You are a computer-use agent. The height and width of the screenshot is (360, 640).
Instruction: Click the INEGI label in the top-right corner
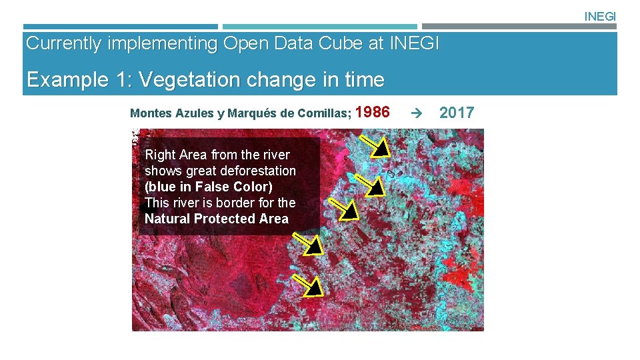click(x=600, y=17)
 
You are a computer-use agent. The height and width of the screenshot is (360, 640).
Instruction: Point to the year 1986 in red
click(x=373, y=113)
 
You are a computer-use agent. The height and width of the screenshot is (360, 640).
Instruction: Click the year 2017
click(x=457, y=113)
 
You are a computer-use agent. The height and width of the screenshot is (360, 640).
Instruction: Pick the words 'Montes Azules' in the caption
click(x=171, y=113)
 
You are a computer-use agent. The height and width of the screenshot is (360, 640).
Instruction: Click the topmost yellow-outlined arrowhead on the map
click(x=381, y=149)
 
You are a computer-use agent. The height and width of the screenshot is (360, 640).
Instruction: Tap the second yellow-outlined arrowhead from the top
click(x=376, y=186)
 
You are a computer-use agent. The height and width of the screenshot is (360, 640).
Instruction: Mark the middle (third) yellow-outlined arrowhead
click(x=349, y=211)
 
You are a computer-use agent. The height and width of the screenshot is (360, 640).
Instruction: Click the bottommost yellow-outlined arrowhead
click(x=313, y=287)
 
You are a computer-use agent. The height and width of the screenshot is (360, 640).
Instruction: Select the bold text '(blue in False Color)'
click(x=209, y=187)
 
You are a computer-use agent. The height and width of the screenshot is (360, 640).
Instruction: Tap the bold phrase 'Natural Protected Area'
click(x=217, y=219)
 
